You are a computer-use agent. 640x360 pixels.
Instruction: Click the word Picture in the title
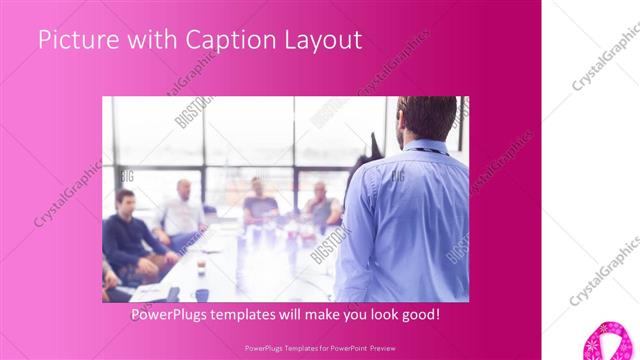76,41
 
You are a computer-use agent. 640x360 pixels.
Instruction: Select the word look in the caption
381,314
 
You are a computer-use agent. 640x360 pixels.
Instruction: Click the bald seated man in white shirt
182,211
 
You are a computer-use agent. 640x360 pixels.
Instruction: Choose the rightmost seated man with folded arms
321,204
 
